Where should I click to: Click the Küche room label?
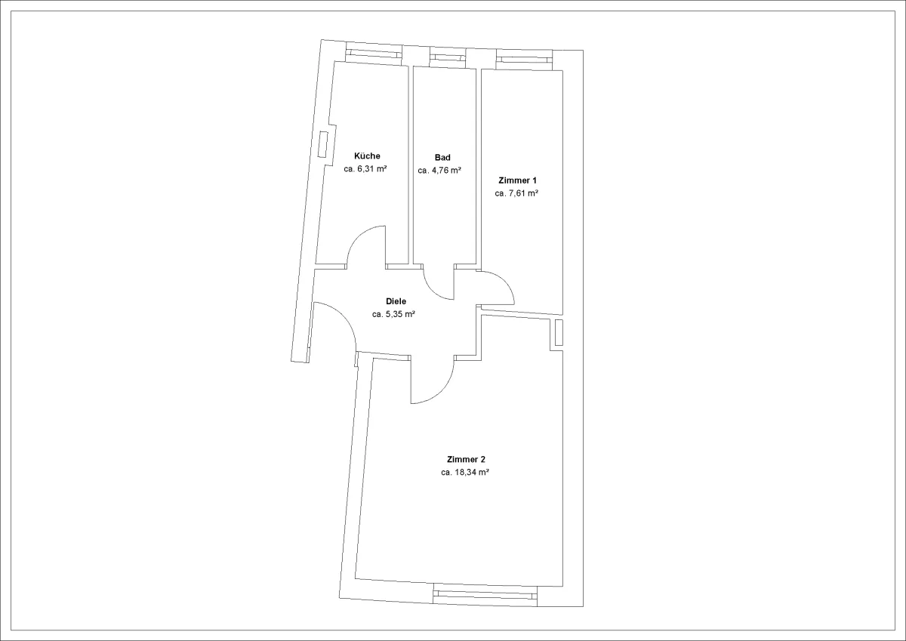coord(367,156)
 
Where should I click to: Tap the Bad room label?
coord(442,157)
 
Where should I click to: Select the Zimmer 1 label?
coord(517,180)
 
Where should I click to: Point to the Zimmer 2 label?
coord(466,459)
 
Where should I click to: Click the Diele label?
coord(396,301)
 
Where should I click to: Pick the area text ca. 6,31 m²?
coord(365,168)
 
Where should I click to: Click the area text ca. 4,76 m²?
coord(439,171)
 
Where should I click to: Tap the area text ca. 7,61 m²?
coord(516,193)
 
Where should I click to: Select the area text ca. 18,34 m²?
coord(465,472)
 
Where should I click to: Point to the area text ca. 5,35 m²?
coord(393,314)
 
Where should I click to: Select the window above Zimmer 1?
coord(524,60)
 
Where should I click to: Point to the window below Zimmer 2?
coord(485,595)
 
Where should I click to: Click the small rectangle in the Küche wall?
coord(323,144)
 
